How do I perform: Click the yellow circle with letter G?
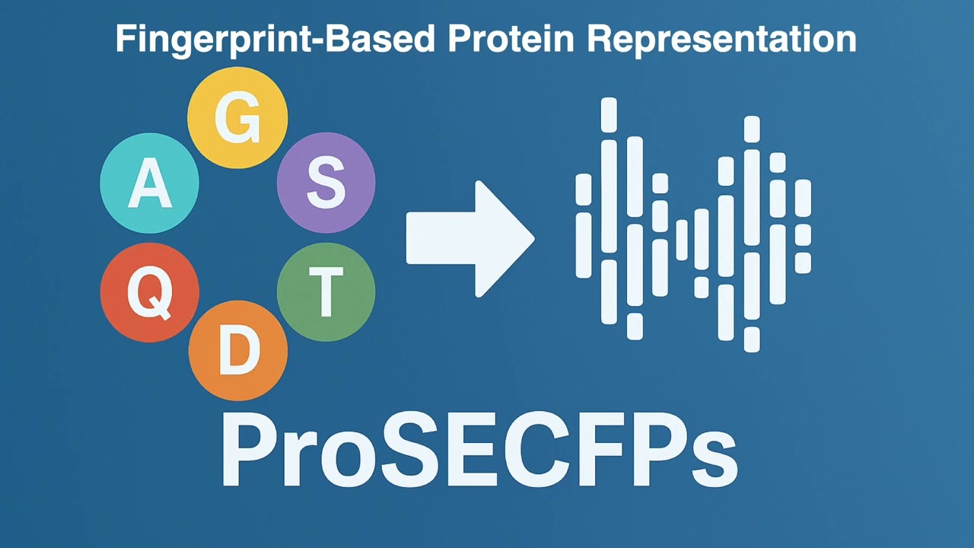pyautogui.click(x=237, y=118)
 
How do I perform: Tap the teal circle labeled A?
pyautogui.click(x=150, y=183)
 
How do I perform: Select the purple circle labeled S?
pyautogui.click(x=326, y=183)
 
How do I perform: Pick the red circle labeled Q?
pyautogui.click(x=150, y=293)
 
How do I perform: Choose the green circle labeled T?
pyautogui.click(x=326, y=293)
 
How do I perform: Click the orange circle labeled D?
pyautogui.click(x=238, y=351)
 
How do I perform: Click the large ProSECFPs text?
pyautogui.click(x=479, y=451)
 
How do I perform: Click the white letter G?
pyautogui.click(x=237, y=119)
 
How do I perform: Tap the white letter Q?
pyautogui.click(x=149, y=295)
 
